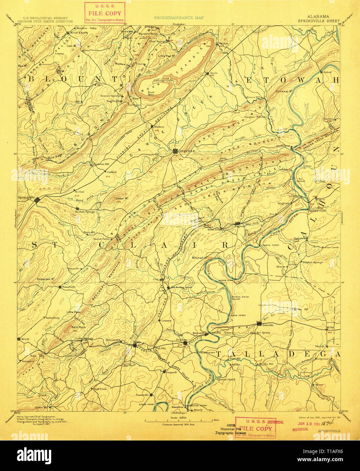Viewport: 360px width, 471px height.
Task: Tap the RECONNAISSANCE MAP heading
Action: pyautogui.click(x=179, y=17)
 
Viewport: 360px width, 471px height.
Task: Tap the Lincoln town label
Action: pyautogui.click(x=267, y=325)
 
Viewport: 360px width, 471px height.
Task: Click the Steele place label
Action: pyautogui.click(x=214, y=73)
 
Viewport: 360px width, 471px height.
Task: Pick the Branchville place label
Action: pyautogui.click(x=68, y=287)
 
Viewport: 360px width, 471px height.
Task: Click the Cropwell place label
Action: pyautogui.click(x=172, y=372)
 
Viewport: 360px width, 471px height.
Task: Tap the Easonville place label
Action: pyautogui.click(x=142, y=395)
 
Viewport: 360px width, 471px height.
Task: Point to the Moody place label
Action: pyautogui.click(x=24, y=339)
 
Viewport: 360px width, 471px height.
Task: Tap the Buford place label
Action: pyautogui.click(x=327, y=72)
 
